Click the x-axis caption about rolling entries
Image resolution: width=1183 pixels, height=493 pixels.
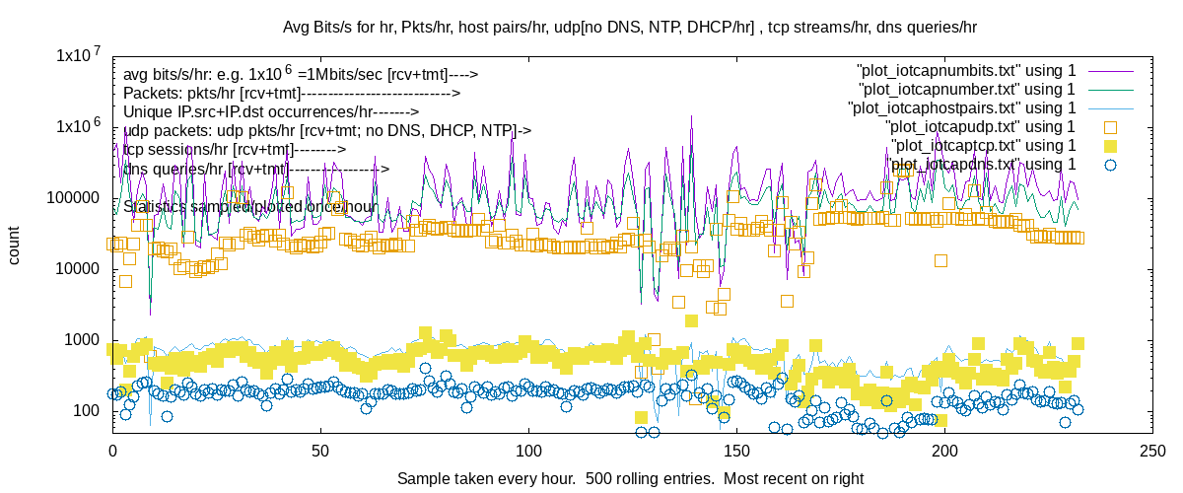point(630,478)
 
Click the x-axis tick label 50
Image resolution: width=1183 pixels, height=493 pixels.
point(320,452)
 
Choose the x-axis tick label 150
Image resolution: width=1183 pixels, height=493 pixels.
point(737,452)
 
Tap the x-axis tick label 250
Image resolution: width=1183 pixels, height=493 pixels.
point(1154,452)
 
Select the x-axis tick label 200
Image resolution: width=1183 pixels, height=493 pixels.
point(945,452)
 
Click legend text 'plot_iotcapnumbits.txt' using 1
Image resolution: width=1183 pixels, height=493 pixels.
point(967,70)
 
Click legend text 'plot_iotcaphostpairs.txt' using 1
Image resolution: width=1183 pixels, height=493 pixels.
point(961,107)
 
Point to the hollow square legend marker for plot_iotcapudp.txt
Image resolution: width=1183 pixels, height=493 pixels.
point(1110,126)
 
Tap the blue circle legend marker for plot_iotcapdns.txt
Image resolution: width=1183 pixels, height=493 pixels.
point(1110,164)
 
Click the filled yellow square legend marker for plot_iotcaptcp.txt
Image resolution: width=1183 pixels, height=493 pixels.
point(1110,145)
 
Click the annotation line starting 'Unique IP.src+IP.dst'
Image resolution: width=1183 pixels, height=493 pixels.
point(271,111)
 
